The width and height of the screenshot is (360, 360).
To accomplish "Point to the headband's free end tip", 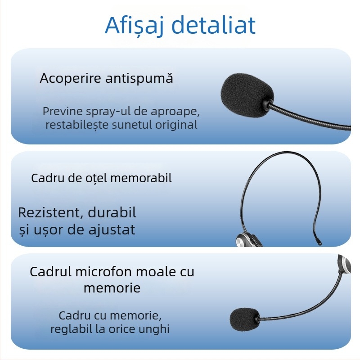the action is tap(319, 243).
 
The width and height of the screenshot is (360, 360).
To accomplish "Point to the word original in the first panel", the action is tap(176, 125).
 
